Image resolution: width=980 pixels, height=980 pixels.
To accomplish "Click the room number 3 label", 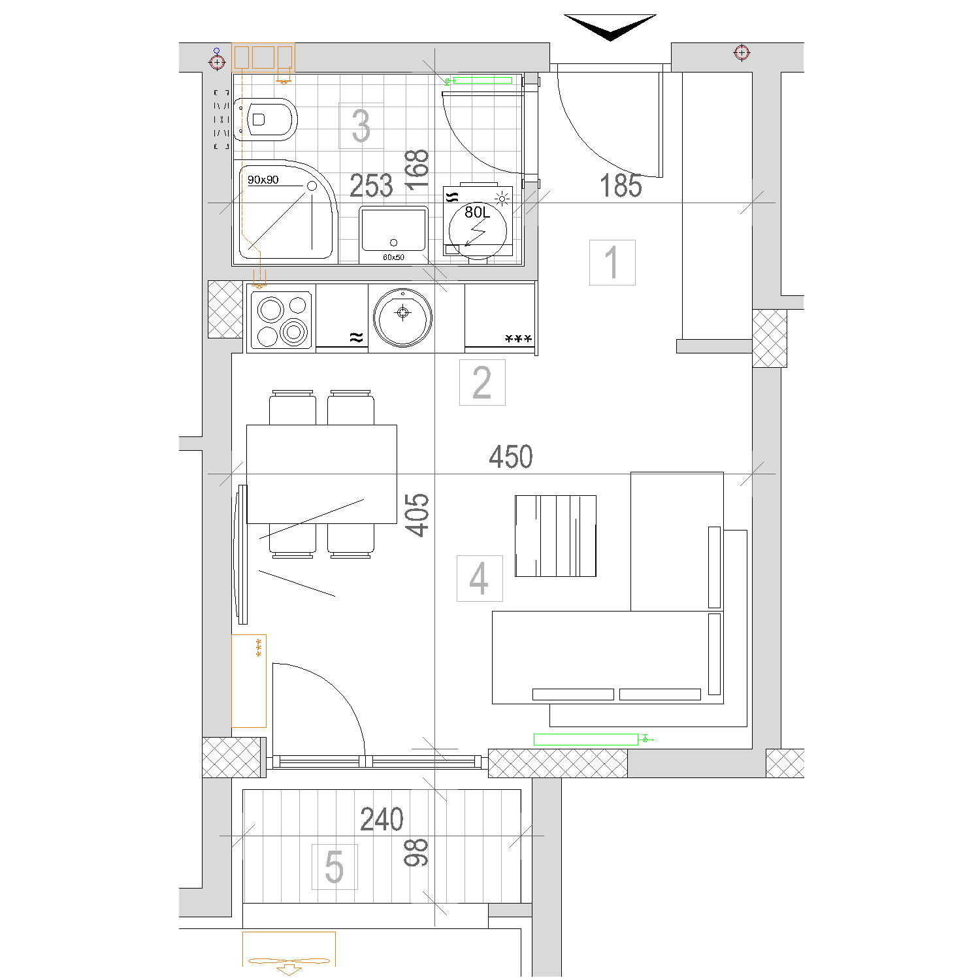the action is [x=361, y=125].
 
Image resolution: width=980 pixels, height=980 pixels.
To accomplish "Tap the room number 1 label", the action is [x=612, y=262].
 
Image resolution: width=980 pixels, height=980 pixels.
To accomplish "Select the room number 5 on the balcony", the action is [x=334, y=866].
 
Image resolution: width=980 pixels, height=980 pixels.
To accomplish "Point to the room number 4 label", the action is [x=480, y=578].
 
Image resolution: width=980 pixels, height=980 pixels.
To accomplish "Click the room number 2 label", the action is [x=482, y=382].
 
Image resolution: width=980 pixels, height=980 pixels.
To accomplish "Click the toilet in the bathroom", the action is [x=266, y=120].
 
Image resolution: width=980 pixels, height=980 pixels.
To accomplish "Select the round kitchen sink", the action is [x=403, y=318].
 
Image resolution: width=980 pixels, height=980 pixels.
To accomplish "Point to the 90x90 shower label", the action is [x=263, y=180].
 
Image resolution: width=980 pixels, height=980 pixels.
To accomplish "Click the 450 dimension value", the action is [x=511, y=457].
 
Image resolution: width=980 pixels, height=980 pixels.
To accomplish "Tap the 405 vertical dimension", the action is [x=417, y=515].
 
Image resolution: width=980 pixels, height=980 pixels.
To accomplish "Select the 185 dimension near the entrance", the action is [x=621, y=186].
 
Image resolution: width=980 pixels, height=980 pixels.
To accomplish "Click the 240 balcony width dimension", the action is [x=382, y=819].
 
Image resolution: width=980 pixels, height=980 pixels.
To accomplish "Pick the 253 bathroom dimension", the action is [x=371, y=186].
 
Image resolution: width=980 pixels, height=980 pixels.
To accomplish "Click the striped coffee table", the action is [x=555, y=536].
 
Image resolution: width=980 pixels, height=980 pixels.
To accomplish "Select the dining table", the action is [x=321, y=474].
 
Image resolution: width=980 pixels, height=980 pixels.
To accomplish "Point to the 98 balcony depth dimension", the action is [x=416, y=853].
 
